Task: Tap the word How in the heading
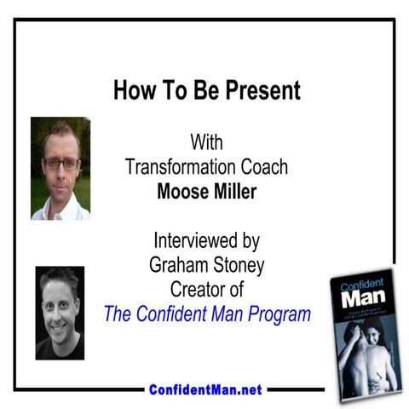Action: (133, 89)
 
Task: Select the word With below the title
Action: (206, 140)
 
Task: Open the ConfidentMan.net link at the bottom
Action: (204, 389)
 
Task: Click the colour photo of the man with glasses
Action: (60, 169)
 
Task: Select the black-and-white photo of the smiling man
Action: (60, 312)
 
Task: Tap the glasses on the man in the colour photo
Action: (62, 163)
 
